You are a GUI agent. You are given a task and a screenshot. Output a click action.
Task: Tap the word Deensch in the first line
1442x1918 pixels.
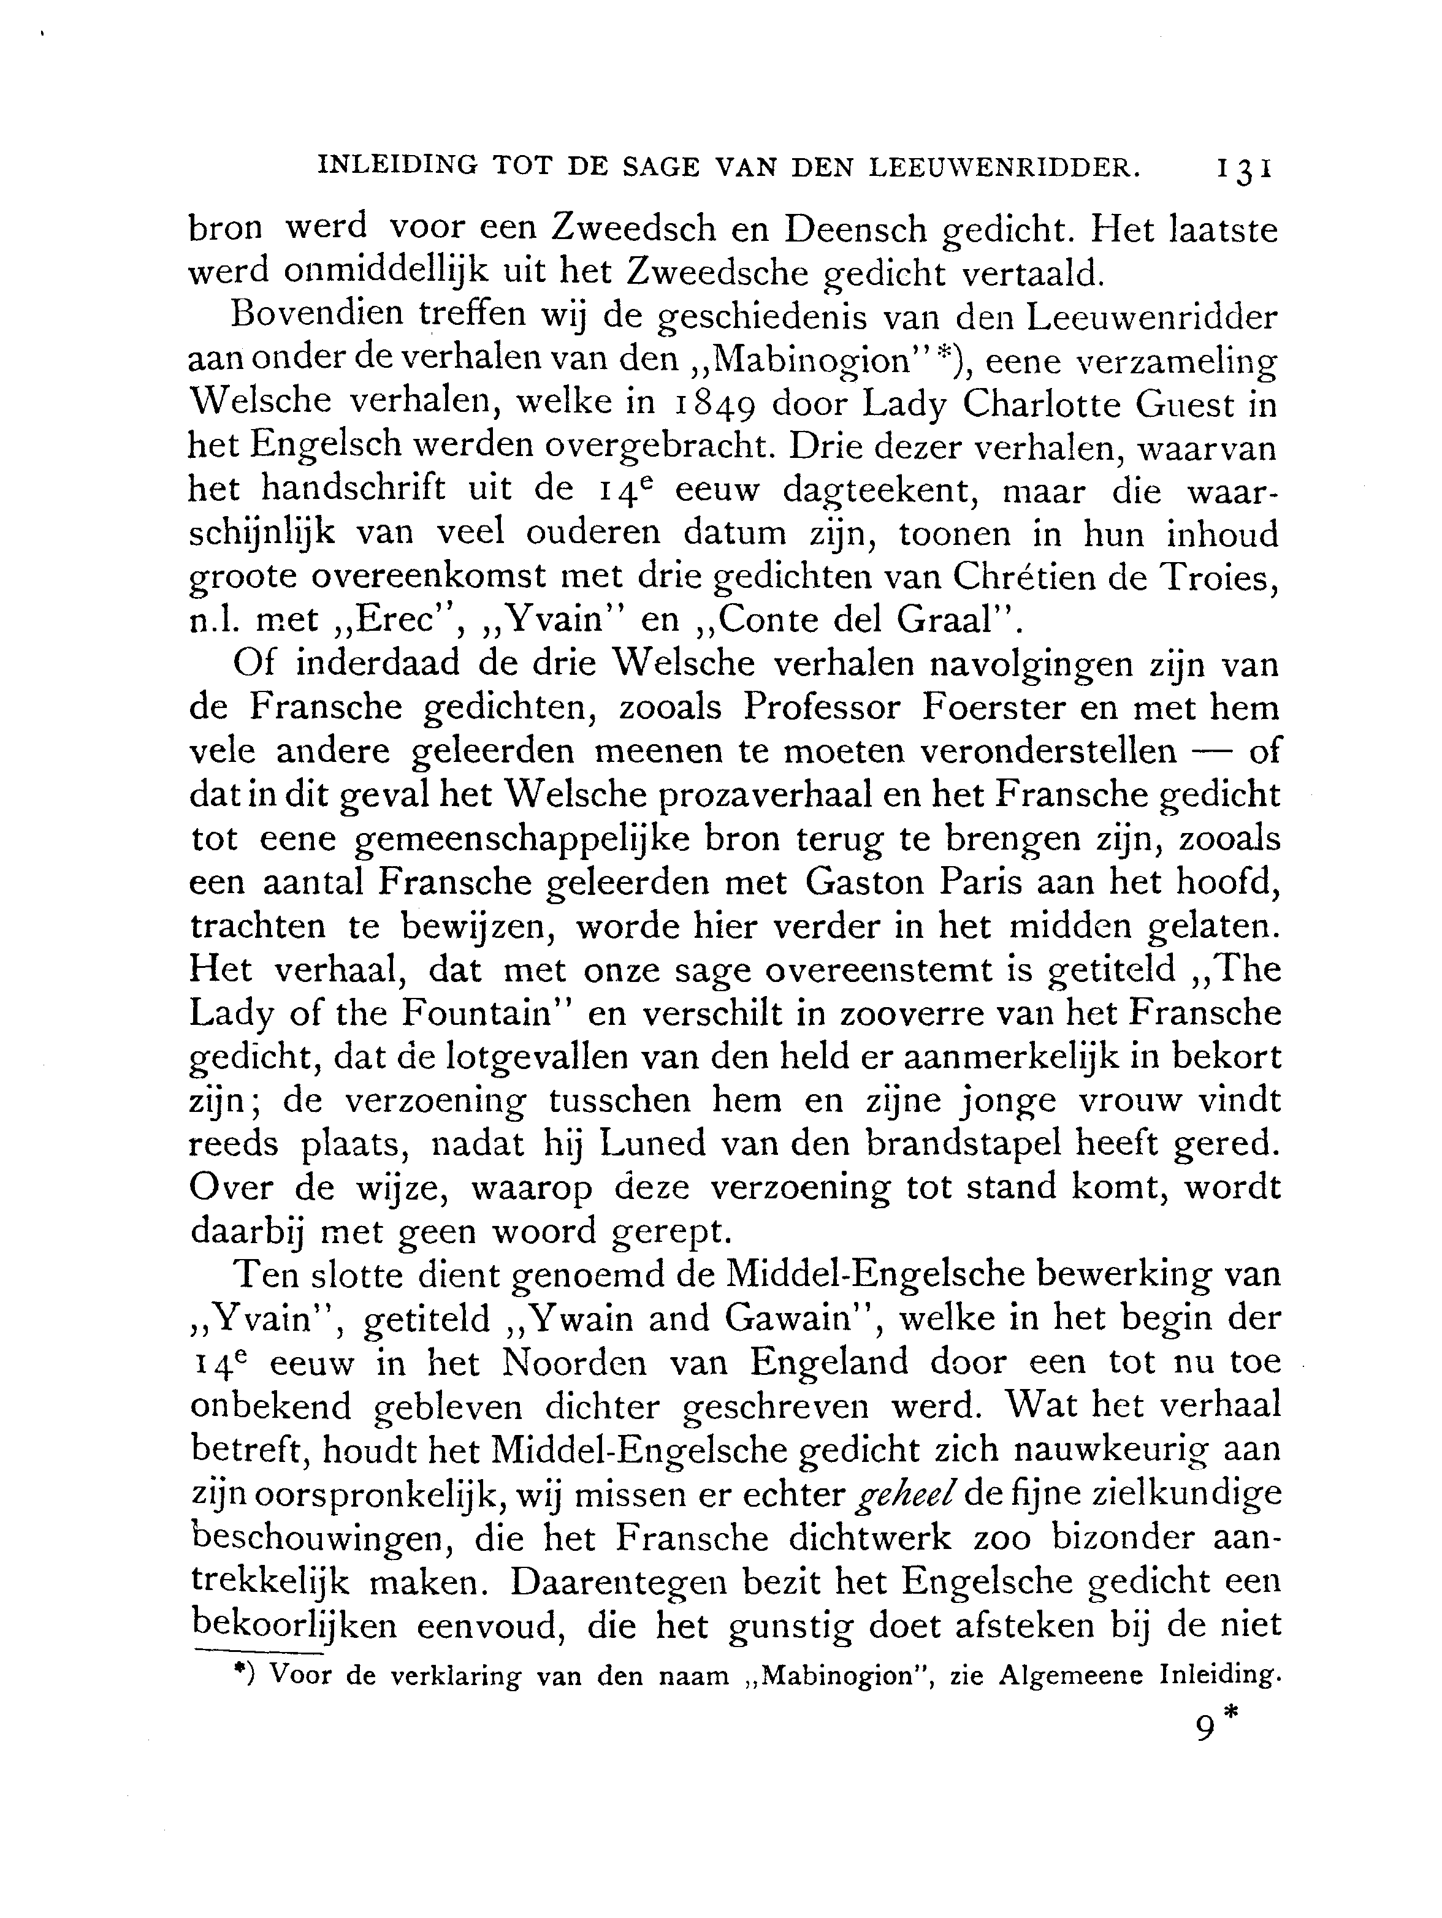click(842, 229)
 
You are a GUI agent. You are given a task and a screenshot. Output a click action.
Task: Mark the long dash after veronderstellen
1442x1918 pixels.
click(1212, 751)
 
